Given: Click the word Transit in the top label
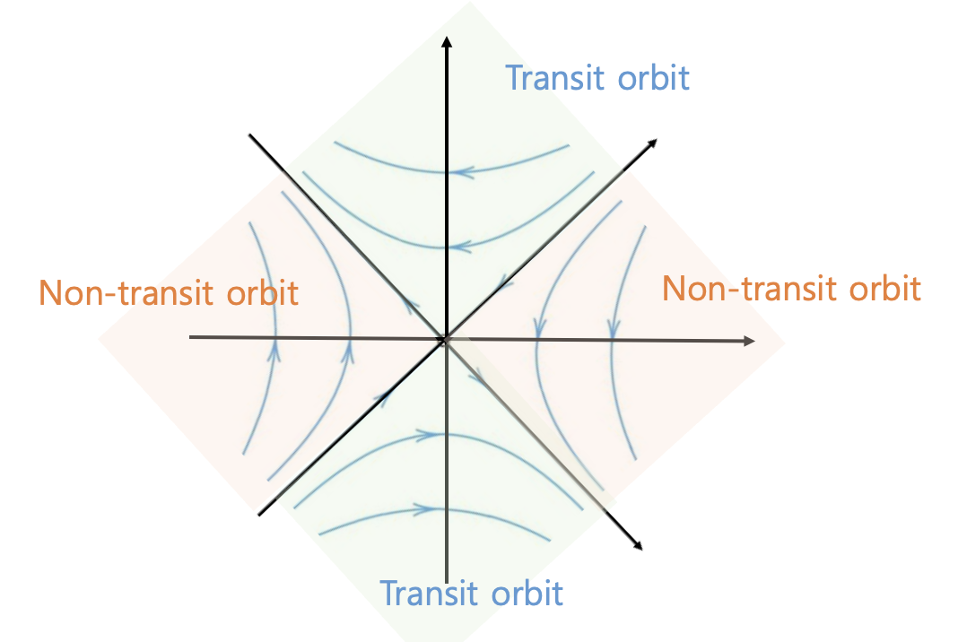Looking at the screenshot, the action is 556,78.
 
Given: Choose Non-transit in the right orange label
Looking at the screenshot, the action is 749,289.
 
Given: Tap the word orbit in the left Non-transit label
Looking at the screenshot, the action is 259,293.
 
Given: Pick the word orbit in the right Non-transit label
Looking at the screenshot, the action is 882,289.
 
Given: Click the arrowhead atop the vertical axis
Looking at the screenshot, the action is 446,42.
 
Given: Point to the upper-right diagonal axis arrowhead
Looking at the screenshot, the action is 652,143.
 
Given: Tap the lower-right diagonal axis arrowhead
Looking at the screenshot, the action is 637,543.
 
